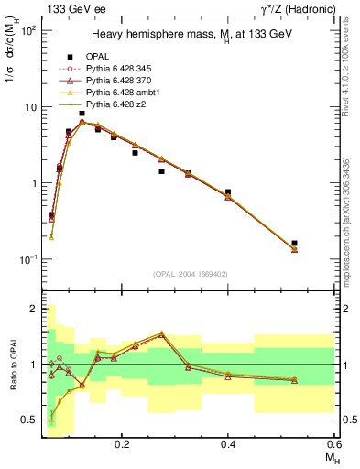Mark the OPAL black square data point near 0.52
click(x=294, y=244)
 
